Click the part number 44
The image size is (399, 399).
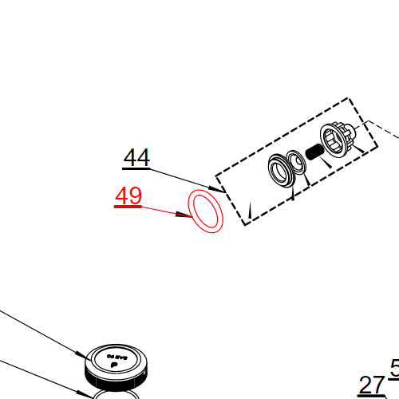tap(136, 158)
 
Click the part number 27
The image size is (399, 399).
tap(371, 385)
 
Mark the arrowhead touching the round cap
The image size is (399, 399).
tap(79, 355)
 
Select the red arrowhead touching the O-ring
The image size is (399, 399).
tap(184, 215)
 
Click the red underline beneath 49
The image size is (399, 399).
tap(128, 207)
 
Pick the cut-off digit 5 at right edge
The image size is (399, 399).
tap(394, 368)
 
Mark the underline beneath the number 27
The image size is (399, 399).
tap(371, 397)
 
